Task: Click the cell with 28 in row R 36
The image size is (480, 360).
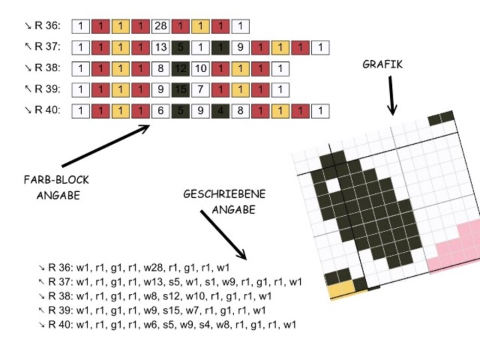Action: [x=161, y=27]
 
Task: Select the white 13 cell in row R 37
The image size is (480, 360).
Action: [x=161, y=47]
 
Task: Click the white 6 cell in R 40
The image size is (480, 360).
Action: [x=161, y=111]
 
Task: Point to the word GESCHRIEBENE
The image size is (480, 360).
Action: [x=224, y=194]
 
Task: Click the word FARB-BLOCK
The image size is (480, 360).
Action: [x=56, y=180]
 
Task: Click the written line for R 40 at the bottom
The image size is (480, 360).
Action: [x=167, y=325]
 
